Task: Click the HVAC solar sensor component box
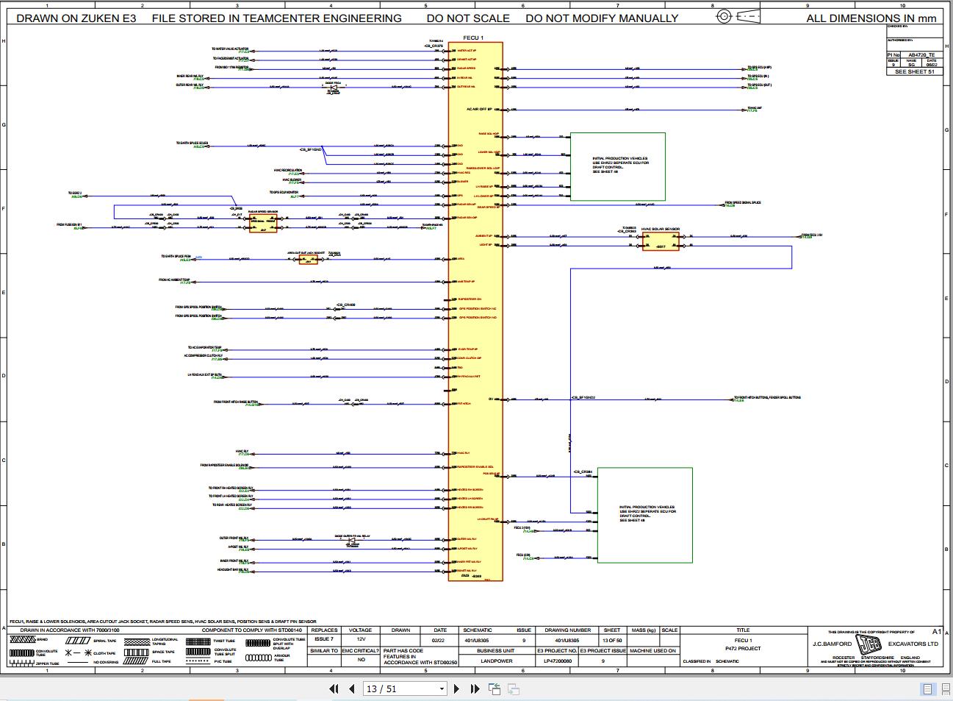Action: coord(661,241)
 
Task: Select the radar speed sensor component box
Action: coord(263,223)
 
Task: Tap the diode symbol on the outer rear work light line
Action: coord(334,87)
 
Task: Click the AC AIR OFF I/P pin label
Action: coord(479,109)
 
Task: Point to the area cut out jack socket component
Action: coord(308,259)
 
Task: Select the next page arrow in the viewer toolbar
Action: coord(456,689)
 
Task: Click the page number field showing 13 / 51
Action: coord(406,689)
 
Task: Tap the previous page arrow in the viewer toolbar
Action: coord(351,689)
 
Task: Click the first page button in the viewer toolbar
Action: coord(334,689)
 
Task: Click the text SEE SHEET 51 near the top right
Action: coord(914,72)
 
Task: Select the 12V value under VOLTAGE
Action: coord(361,640)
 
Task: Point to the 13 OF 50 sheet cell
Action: coord(612,640)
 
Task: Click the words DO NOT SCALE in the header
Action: coord(467,18)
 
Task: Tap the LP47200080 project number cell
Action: coord(557,661)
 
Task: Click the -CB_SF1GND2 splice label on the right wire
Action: coord(583,397)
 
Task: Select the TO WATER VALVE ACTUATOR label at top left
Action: coord(231,49)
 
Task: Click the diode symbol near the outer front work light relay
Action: coord(352,541)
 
